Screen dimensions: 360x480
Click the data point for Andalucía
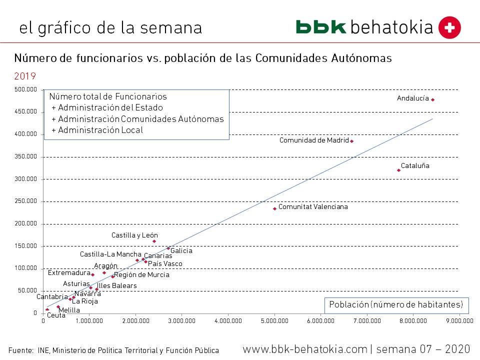432,99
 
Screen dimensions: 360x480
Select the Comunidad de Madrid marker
351,141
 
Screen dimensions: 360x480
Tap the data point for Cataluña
398,170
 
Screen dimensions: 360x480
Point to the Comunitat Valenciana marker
274,208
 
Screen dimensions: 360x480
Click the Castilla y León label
134,235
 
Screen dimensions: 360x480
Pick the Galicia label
181,251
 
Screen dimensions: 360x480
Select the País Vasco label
165,263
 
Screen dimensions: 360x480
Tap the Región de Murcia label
141,274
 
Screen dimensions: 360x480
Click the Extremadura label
69,273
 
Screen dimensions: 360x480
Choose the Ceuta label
56,315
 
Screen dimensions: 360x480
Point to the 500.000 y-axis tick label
25,89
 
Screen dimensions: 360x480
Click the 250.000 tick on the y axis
25,201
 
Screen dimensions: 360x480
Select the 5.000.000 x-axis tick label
274,320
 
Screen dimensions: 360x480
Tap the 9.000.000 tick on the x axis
459,320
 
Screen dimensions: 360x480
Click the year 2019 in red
25,76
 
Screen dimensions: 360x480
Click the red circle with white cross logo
449,27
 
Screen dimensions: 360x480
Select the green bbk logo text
320,27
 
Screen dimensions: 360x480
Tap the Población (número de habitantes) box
395,304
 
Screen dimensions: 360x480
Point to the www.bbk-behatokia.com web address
305,349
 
